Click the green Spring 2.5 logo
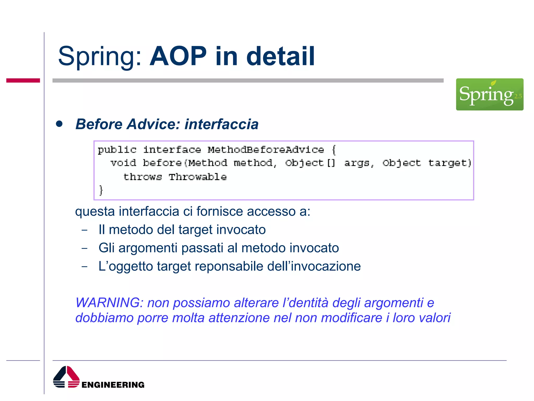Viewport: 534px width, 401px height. [x=489, y=94]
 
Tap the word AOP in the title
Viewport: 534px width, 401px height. [x=178, y=56]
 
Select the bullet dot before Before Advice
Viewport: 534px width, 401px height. [x=59, y=124]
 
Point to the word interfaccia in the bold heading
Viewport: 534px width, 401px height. [x=221, y=124]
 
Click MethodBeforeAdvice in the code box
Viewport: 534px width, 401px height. [x=265, y=150]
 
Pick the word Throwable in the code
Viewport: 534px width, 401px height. [x=197, y=177]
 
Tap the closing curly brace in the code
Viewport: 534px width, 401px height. [x=101, y=190]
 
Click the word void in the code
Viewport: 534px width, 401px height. [x=123, y=163]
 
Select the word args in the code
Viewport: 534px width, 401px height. [x=357, y=163]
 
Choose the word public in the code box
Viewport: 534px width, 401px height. [x=117, y=150]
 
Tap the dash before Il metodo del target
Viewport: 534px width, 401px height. [x=84, y=230]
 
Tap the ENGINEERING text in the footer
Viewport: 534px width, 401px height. [x=113, y=385]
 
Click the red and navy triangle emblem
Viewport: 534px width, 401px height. [x=66, y=377]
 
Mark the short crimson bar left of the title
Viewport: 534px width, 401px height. [x=23, y=80]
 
